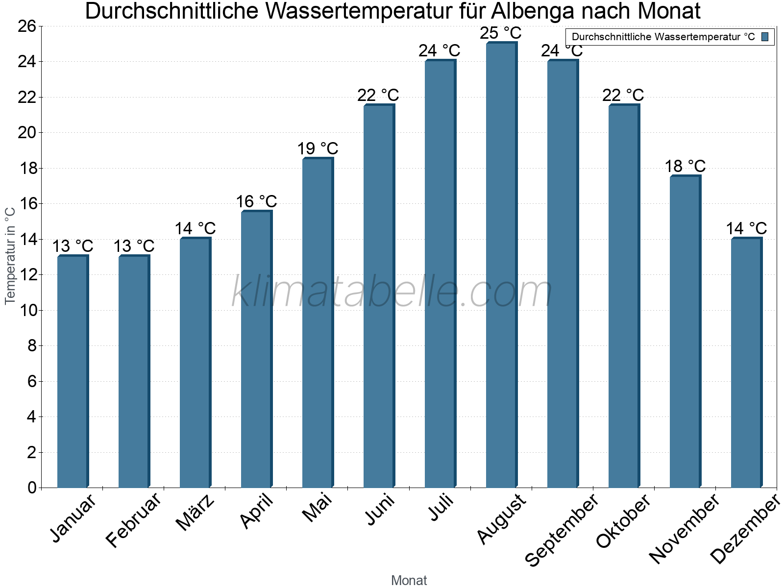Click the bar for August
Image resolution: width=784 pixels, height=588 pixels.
click(501, 265)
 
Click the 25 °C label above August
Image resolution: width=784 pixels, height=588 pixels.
click(501, 33)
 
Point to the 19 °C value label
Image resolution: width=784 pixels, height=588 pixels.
click(318, 148)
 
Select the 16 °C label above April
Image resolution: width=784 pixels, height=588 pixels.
click(256, 201)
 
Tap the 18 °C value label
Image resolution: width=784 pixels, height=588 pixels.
click(685, 167)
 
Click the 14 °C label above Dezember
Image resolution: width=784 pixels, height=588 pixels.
click(746, 228)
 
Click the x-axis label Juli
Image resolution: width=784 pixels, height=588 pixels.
click(442, 508)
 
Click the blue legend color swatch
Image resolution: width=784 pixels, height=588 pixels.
click(765, 37)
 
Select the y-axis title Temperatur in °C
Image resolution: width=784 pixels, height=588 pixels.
click(10, 256)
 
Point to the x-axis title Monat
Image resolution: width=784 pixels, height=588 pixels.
click(409, 581)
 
